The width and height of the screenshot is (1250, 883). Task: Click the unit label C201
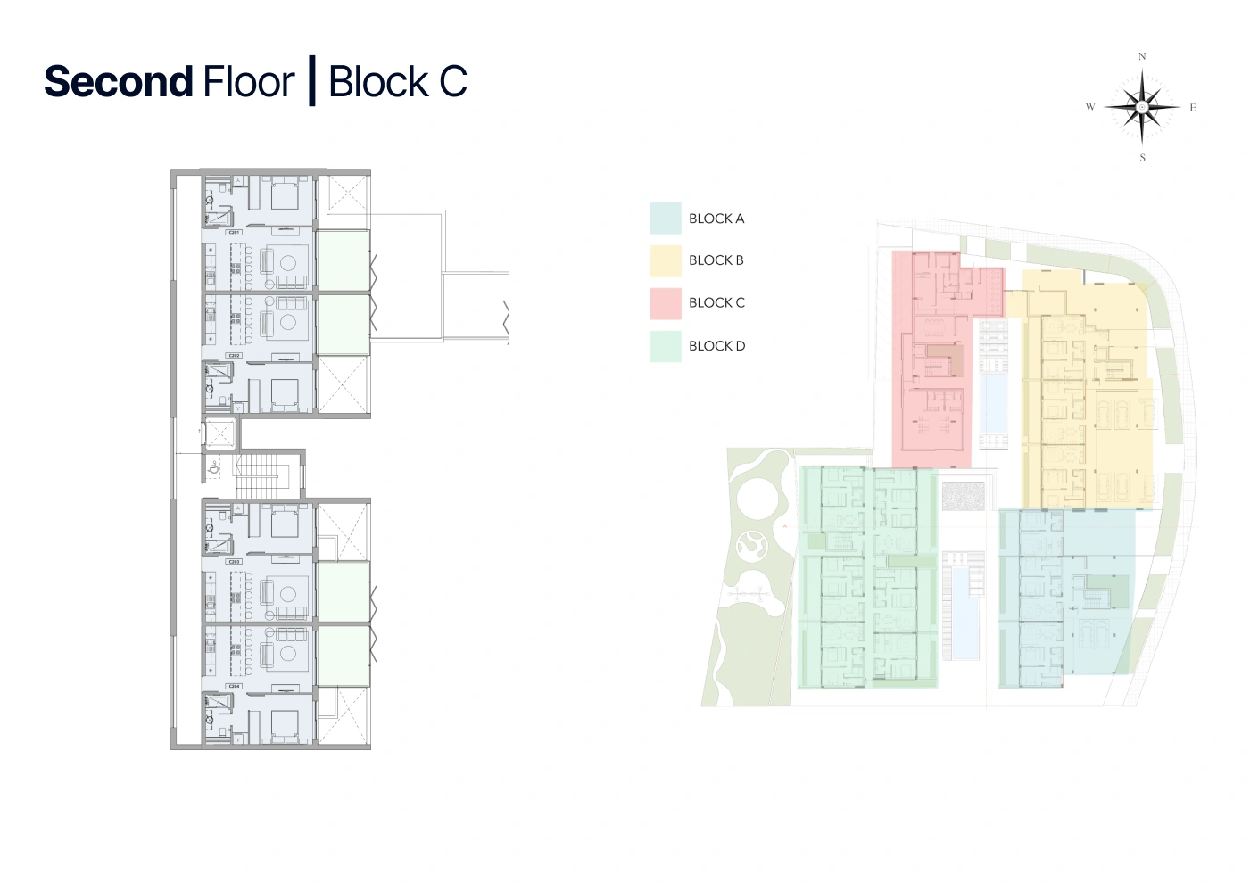pos(235,232)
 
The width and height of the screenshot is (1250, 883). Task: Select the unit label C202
pos(235,355)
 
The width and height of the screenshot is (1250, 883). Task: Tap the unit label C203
pos(235,562)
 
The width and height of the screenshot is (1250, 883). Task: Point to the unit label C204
pos(235,686)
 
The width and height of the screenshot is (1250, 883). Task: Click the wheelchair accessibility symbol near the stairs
pos(214,466)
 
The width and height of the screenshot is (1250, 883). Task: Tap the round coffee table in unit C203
pos(287,592)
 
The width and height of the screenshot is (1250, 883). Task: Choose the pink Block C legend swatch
pos(665,303)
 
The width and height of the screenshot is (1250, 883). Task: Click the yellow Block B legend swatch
pos(665,260)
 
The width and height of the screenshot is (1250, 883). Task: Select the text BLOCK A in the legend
pos(716,219)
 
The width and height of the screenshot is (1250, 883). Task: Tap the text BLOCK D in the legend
pos(716,346)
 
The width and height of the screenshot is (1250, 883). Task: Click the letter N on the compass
pos(1142,56)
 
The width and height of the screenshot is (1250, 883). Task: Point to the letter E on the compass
pos(1193,108)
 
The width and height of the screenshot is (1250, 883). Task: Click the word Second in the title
pos(118,82)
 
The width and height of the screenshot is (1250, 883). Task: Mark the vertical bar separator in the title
pos(311,81)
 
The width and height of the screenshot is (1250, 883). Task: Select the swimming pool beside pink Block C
pos(992,403)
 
